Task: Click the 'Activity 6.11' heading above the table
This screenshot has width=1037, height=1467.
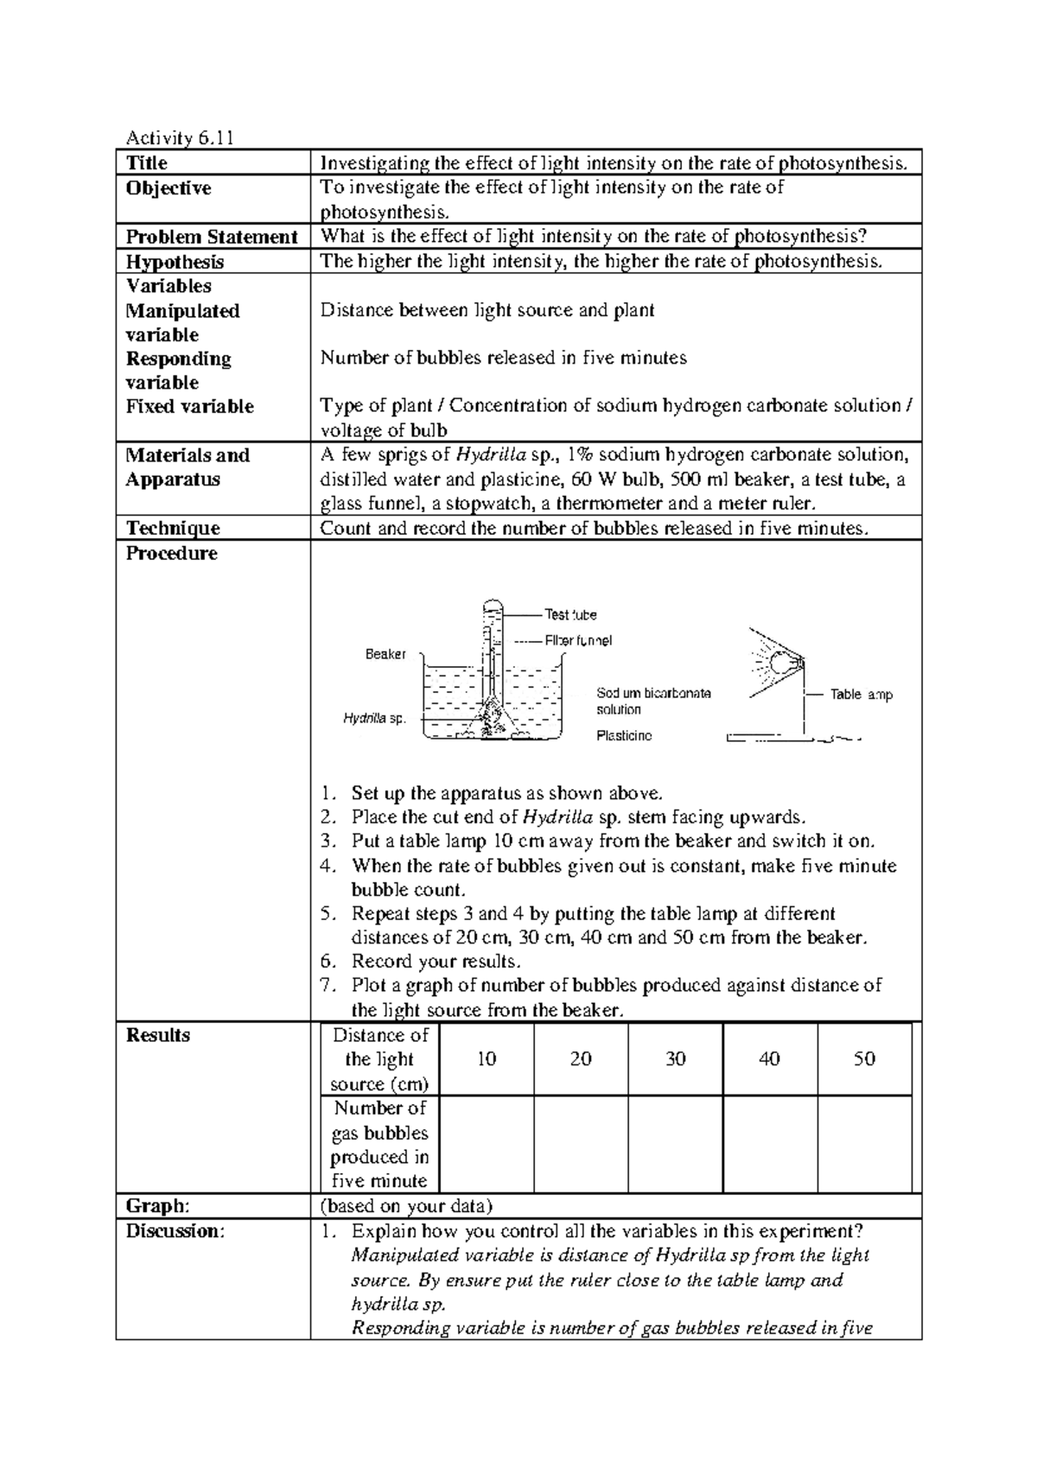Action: (180, 137)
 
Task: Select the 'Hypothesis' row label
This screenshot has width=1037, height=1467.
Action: (175, 262)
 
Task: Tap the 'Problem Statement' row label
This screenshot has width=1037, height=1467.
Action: (212, 237)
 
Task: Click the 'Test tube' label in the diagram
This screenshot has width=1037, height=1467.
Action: (570, 614)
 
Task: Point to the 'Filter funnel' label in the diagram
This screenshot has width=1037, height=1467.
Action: (578, 641)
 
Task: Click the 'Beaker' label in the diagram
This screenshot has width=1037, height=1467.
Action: (385, 655)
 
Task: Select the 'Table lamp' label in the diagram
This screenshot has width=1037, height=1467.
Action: (862, 695)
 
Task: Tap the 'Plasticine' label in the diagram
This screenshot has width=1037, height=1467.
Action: (625, 735)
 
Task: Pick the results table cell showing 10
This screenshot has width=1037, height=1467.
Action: (487, 1059)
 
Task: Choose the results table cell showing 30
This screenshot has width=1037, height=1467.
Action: (676, 1059)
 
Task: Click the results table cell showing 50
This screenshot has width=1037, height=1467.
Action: (864, 1059)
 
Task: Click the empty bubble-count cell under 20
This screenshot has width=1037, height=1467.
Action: (581, 1145)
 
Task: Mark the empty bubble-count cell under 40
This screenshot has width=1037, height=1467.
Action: (769, 1145)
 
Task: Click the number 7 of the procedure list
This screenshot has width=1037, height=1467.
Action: (326, 986)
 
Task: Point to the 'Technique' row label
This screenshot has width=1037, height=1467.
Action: (173, 528)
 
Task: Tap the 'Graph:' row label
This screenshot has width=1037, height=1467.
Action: (157, 1206)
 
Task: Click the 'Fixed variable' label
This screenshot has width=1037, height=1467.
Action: (189, 406)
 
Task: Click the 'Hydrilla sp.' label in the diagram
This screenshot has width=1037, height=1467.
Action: (374, 718)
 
